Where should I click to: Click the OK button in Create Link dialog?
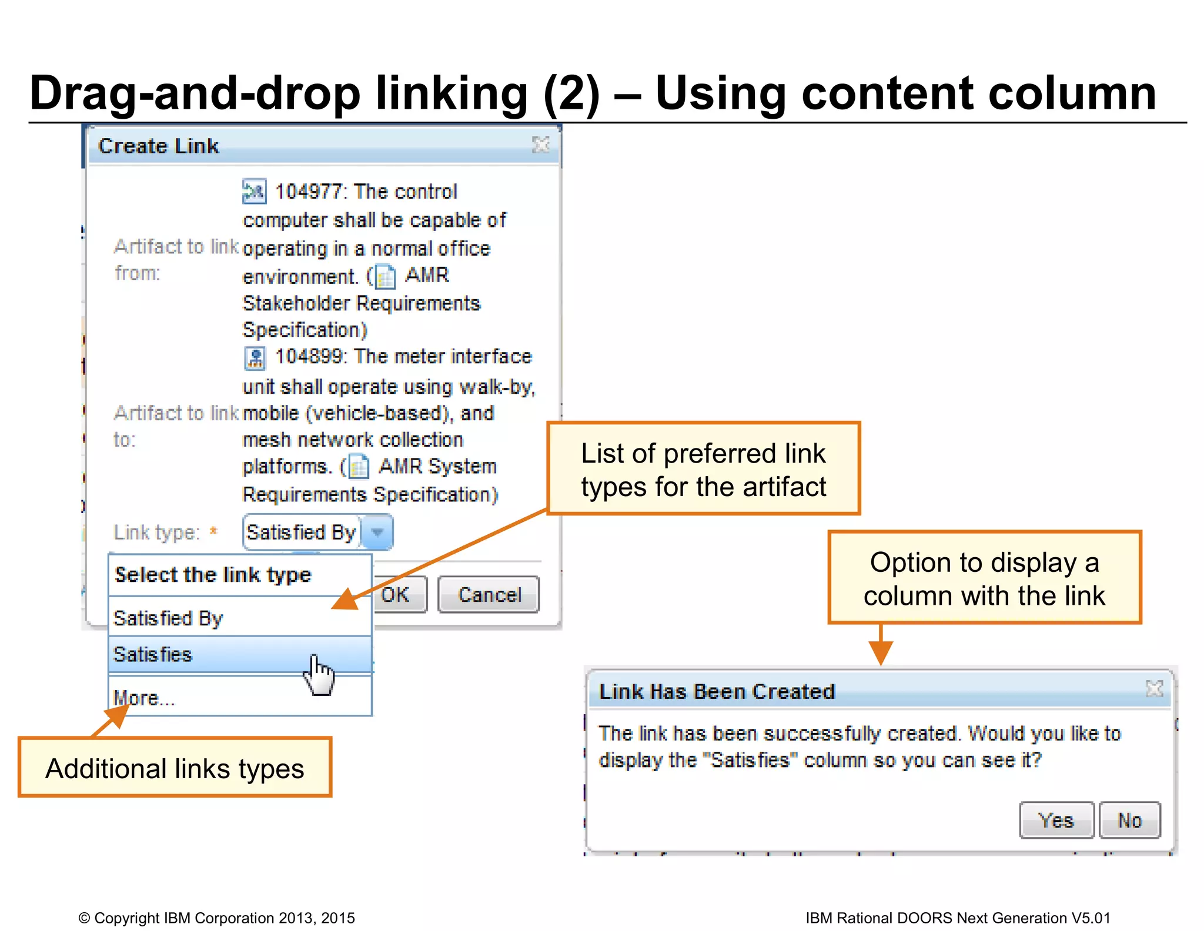point(399,594)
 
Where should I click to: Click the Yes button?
point(1056,820)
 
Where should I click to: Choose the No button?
point(1129,820)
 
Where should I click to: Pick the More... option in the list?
point(144,698)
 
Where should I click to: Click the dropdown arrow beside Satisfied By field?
point(377,533)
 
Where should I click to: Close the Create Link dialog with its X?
point(540,145)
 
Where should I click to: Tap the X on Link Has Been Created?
point(1154,688)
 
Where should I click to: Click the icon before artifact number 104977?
point(255,191)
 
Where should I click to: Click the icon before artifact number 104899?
point(255,357)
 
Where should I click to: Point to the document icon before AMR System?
point(359,467)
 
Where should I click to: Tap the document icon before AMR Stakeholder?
point(386,277)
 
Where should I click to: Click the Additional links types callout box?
point(175,768)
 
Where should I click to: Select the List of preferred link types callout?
point(703,469)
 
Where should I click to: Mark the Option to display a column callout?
point(984,578)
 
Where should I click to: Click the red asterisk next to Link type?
point(213,531)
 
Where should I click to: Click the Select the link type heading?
point(213,575)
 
